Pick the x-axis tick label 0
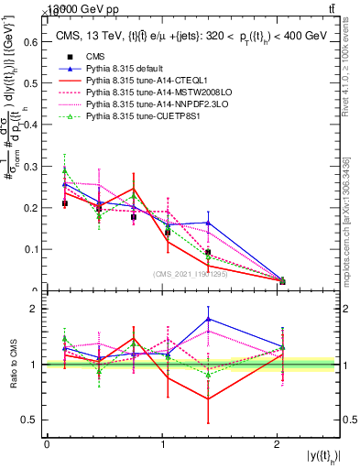point(47,444)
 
